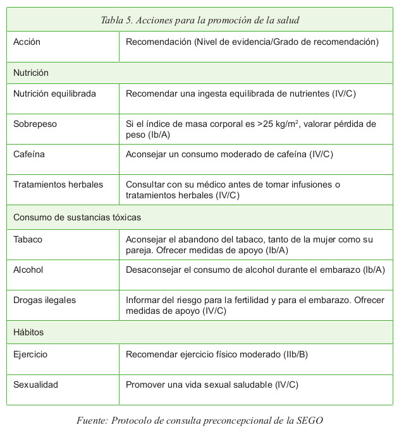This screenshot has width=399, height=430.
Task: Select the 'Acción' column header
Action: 27,42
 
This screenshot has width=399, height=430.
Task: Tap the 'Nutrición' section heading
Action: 31,73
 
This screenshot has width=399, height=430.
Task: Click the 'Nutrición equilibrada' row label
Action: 54,93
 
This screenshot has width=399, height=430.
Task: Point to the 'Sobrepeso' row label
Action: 35,124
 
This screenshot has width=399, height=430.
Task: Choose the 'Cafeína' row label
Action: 29,154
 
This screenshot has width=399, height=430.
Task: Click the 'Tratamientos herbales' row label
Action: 58,185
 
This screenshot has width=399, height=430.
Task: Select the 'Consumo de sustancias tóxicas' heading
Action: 77,217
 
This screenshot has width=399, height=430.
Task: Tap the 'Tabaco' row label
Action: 28,240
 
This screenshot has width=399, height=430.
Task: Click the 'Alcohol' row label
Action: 28,270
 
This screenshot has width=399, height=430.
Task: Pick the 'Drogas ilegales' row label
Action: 44,300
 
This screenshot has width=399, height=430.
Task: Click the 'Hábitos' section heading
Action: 28,331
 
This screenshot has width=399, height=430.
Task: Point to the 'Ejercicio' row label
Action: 30,354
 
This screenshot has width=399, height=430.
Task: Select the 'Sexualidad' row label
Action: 35,385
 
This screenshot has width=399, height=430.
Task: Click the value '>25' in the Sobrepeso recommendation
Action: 266,124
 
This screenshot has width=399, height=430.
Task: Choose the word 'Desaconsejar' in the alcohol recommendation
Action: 152,270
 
